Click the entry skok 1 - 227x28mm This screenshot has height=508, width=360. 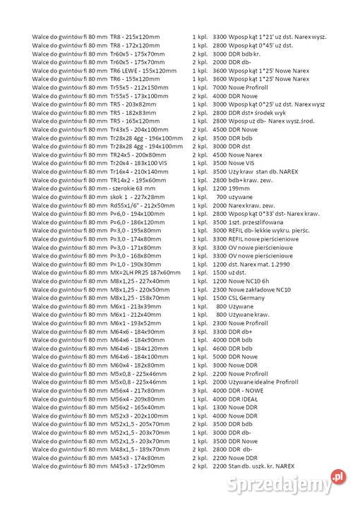136,198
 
